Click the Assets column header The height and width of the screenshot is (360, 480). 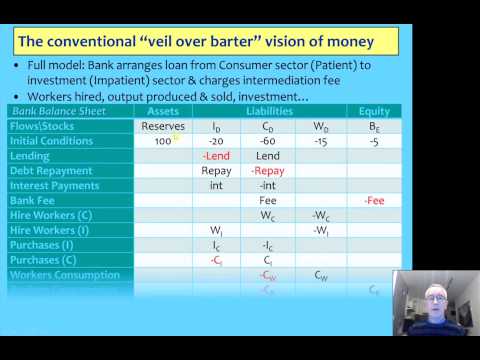(163, 111)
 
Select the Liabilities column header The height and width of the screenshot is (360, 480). (269, 111)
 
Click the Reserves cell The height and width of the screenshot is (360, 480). (163, 126)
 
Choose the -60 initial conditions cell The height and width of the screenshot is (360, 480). (268, 141)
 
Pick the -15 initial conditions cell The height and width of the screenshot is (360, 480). (320, 141)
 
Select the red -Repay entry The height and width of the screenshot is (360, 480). (268, 171)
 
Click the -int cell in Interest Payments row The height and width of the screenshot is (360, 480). (268, 185)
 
